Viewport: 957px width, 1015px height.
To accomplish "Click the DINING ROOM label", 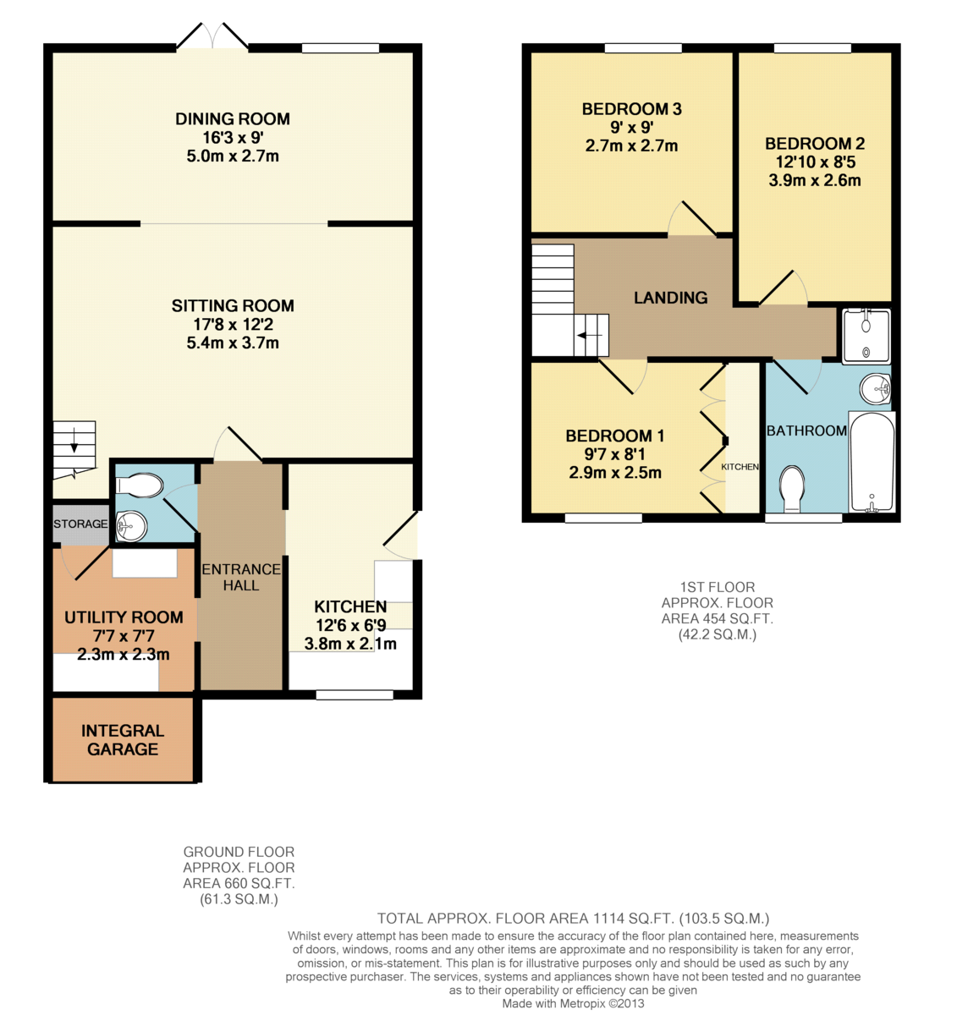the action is pos(232,118).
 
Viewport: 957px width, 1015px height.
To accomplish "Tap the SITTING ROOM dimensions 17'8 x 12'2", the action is pos(233,324).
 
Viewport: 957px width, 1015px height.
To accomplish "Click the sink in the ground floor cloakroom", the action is pos(131,526).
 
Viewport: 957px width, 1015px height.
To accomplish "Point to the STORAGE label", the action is pos(80,524).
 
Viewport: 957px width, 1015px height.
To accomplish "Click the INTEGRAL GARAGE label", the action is pos(123,739).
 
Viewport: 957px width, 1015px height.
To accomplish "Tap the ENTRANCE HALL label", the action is pos(241,577).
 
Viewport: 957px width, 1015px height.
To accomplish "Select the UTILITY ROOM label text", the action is pos(124,617).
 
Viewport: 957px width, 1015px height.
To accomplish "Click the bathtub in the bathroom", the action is pos(872,462).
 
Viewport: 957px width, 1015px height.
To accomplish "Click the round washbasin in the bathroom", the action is pos(875,389).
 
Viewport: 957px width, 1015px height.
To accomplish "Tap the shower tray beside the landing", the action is pos(866,336).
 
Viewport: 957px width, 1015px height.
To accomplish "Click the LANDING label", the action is pos(670,298).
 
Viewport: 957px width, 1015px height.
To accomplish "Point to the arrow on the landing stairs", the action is pos(589,335).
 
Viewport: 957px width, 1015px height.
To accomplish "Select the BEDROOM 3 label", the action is pos(632,109).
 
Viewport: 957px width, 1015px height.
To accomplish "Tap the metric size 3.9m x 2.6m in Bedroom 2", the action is pos(815,180).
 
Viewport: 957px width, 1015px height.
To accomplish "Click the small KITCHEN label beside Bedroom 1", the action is pos(740,467).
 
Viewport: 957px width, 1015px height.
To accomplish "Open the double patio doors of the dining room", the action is pos(212,35).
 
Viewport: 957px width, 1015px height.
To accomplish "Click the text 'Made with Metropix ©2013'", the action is pos(573,1003).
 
